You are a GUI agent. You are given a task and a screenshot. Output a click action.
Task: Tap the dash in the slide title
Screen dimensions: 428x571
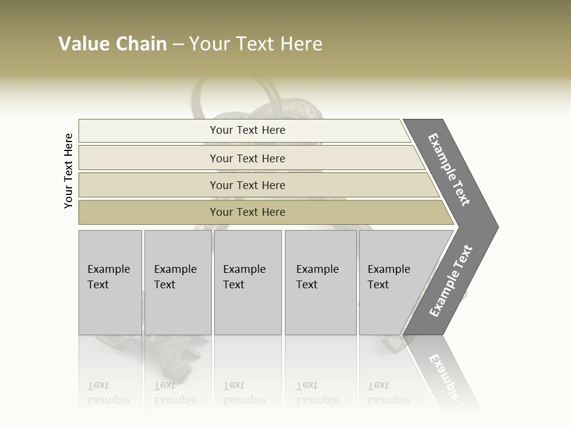click(178, 45)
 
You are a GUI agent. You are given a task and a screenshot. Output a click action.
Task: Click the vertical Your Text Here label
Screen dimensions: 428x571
click(68, 171)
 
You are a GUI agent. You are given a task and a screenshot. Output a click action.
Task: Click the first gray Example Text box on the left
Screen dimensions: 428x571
click(110, 282)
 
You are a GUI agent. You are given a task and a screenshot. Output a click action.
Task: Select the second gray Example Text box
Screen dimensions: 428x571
click(178, 282)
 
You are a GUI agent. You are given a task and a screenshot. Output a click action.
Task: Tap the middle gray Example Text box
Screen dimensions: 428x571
click(247, 282)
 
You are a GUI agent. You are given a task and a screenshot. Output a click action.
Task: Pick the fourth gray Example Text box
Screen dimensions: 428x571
click(321, 282)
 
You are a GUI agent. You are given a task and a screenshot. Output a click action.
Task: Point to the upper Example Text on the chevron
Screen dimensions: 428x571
click(449, 169)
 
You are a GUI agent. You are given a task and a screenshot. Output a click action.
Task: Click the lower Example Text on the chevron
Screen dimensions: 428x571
click(451, 281)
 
